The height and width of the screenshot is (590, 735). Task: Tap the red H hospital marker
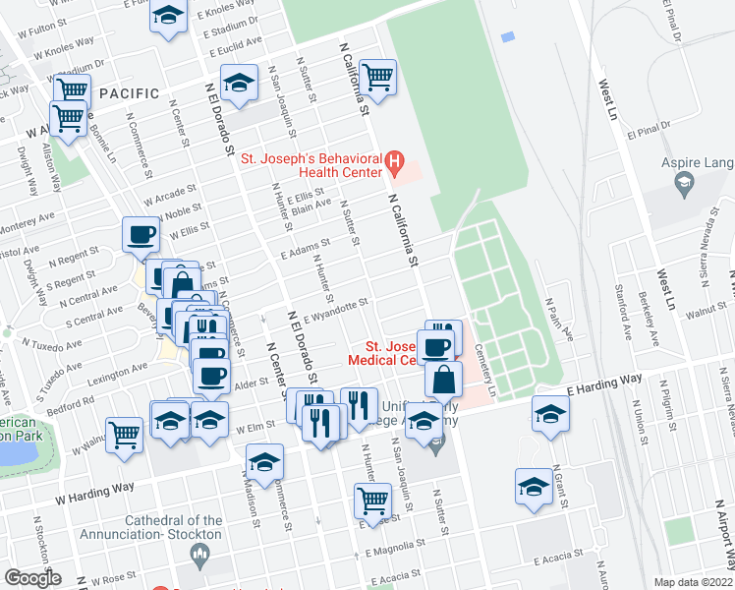394,159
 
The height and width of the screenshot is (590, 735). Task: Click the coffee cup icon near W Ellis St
140,235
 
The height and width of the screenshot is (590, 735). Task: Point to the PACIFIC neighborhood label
129,93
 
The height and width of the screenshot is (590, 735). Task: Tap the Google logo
32,578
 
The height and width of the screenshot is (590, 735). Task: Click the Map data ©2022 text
694,582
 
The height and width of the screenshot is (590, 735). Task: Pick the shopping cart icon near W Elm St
124,434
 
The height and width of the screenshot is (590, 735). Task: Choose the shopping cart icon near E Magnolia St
372,500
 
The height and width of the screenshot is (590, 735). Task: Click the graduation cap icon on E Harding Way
551,412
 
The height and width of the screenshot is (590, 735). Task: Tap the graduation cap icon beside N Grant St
534,487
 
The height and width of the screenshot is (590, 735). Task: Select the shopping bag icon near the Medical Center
444,377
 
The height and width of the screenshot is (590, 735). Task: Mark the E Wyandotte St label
337,310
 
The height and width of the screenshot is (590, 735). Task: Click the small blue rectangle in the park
508,37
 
